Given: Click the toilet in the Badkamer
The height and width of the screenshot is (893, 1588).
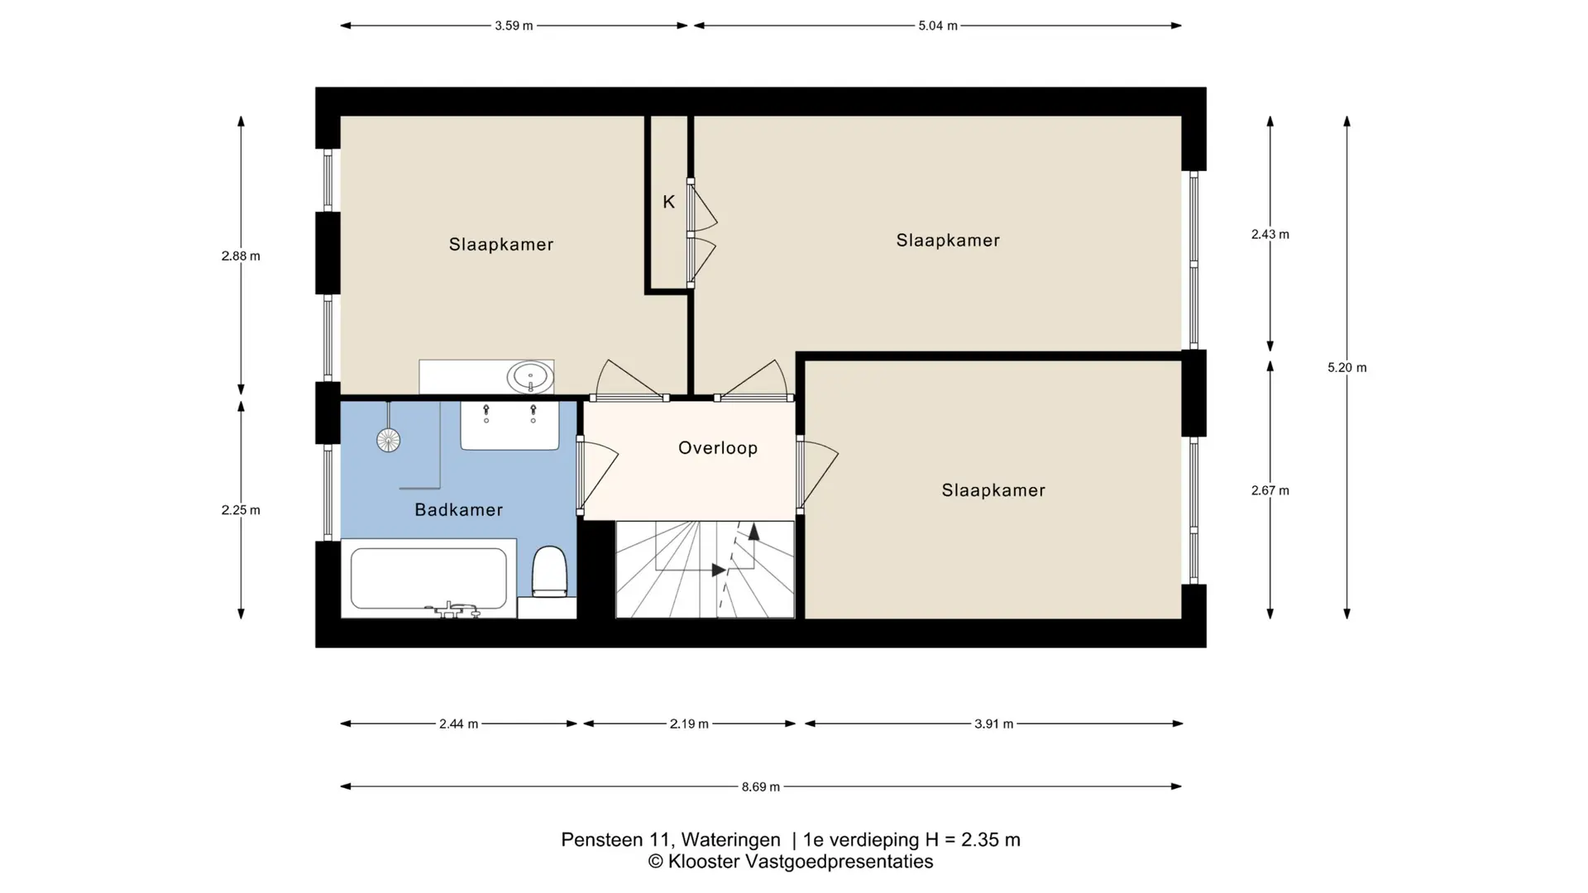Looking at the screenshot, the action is [x=549, y=571].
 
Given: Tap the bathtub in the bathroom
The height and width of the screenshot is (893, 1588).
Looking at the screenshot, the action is [x=428, y=579].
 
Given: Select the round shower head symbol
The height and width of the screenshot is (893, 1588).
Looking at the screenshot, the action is [x=389, y=441].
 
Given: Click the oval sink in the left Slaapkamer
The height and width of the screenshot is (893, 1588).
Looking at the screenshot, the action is [x=530, y=378].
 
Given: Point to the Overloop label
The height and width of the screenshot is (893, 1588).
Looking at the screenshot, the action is [x=718, y=448].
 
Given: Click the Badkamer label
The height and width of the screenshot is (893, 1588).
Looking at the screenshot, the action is [x=459, y=510].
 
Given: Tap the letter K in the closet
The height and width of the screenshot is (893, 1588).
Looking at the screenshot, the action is [x=669, y=202].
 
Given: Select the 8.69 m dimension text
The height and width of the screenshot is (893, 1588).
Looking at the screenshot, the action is [x=761, y=787].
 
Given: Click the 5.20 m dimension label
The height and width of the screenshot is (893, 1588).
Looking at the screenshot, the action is [x=1347, y=368].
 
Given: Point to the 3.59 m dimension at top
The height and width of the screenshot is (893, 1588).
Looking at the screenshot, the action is [x=514, y=26].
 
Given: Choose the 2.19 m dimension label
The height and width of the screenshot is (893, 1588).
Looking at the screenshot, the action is [x=689, y=724].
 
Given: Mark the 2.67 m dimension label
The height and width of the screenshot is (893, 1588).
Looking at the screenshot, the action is [x=1270, y=490].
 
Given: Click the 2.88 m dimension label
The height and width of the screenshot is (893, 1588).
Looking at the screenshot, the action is [x=241, y=256].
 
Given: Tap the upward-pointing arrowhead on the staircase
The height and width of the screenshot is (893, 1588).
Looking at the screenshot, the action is [x=753, y=532].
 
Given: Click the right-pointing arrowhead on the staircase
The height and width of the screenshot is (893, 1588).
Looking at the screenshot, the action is [x=719, y=570].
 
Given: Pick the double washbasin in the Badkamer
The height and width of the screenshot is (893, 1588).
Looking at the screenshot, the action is [x=509, y=426].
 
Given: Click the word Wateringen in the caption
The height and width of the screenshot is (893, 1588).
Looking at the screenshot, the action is [x=731, y=840].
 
